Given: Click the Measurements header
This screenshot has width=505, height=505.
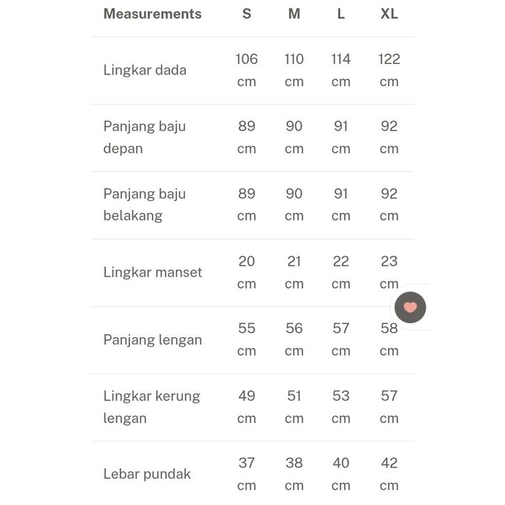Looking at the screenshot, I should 152,14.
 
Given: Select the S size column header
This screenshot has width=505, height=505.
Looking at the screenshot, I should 246,14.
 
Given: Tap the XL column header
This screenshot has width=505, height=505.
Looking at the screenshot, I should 389,14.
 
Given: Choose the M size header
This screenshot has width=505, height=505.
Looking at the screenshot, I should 294,14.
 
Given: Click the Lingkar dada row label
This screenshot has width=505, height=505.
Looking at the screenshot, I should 145,70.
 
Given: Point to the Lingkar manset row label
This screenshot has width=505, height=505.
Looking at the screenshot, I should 152,272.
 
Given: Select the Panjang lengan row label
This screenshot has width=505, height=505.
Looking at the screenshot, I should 152,339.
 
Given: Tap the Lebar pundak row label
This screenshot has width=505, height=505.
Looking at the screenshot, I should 147,474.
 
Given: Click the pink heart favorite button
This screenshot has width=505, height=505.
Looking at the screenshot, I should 410,307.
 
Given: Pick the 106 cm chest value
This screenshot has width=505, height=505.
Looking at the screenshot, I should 246,70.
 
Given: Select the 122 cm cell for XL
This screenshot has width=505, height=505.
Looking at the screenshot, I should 389,70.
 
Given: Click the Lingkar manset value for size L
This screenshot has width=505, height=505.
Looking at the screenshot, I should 341,272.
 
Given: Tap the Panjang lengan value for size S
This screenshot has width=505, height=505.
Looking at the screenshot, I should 246,339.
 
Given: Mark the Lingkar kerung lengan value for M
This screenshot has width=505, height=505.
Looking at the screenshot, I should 294,407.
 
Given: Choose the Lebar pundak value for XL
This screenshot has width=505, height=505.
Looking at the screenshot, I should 389,474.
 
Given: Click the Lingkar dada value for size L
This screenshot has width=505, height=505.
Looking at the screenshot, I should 341,70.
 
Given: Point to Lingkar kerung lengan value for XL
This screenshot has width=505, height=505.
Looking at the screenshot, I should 389,407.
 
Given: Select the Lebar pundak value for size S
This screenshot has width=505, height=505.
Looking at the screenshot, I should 246,474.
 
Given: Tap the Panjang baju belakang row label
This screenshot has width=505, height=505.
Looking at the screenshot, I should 145,205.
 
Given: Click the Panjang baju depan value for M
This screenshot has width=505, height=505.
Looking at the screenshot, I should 294,137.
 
